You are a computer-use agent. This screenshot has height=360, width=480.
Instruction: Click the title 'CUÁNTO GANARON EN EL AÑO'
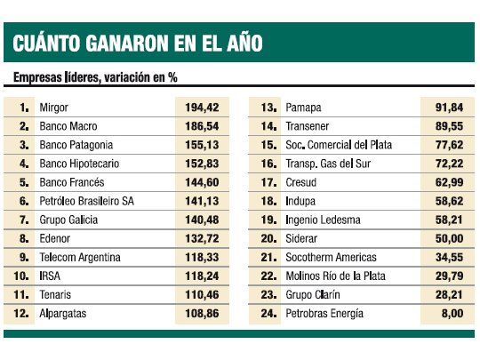click(x=137, y=42)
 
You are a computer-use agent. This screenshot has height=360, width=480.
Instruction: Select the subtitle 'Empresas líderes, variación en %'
click(x=95, y=77)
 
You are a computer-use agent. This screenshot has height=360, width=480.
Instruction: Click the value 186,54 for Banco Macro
click(x=201, y=125)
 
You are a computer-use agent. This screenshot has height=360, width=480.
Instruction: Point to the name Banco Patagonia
click(x=77, y=144)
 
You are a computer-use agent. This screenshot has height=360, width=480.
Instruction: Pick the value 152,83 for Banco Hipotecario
click(x=201, y=163)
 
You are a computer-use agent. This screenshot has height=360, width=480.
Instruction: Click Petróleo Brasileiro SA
click(x=86, y=201)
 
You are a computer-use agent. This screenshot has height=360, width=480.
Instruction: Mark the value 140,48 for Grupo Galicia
click(x=201, y=220)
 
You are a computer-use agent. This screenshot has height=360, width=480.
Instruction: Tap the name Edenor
click(x=56, y=238)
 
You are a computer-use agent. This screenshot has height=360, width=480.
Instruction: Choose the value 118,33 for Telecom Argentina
click(x=201, y=257)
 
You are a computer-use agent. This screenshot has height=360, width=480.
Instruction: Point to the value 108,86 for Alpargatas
click(x=201, y=314)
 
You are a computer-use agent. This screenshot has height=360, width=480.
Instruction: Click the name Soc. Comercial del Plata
click(x=338, y=144)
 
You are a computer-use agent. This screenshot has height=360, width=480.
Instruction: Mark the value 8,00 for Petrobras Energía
click(x=449, y=314)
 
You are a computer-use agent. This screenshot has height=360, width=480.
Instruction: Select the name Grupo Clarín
click(x=314, y=294)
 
